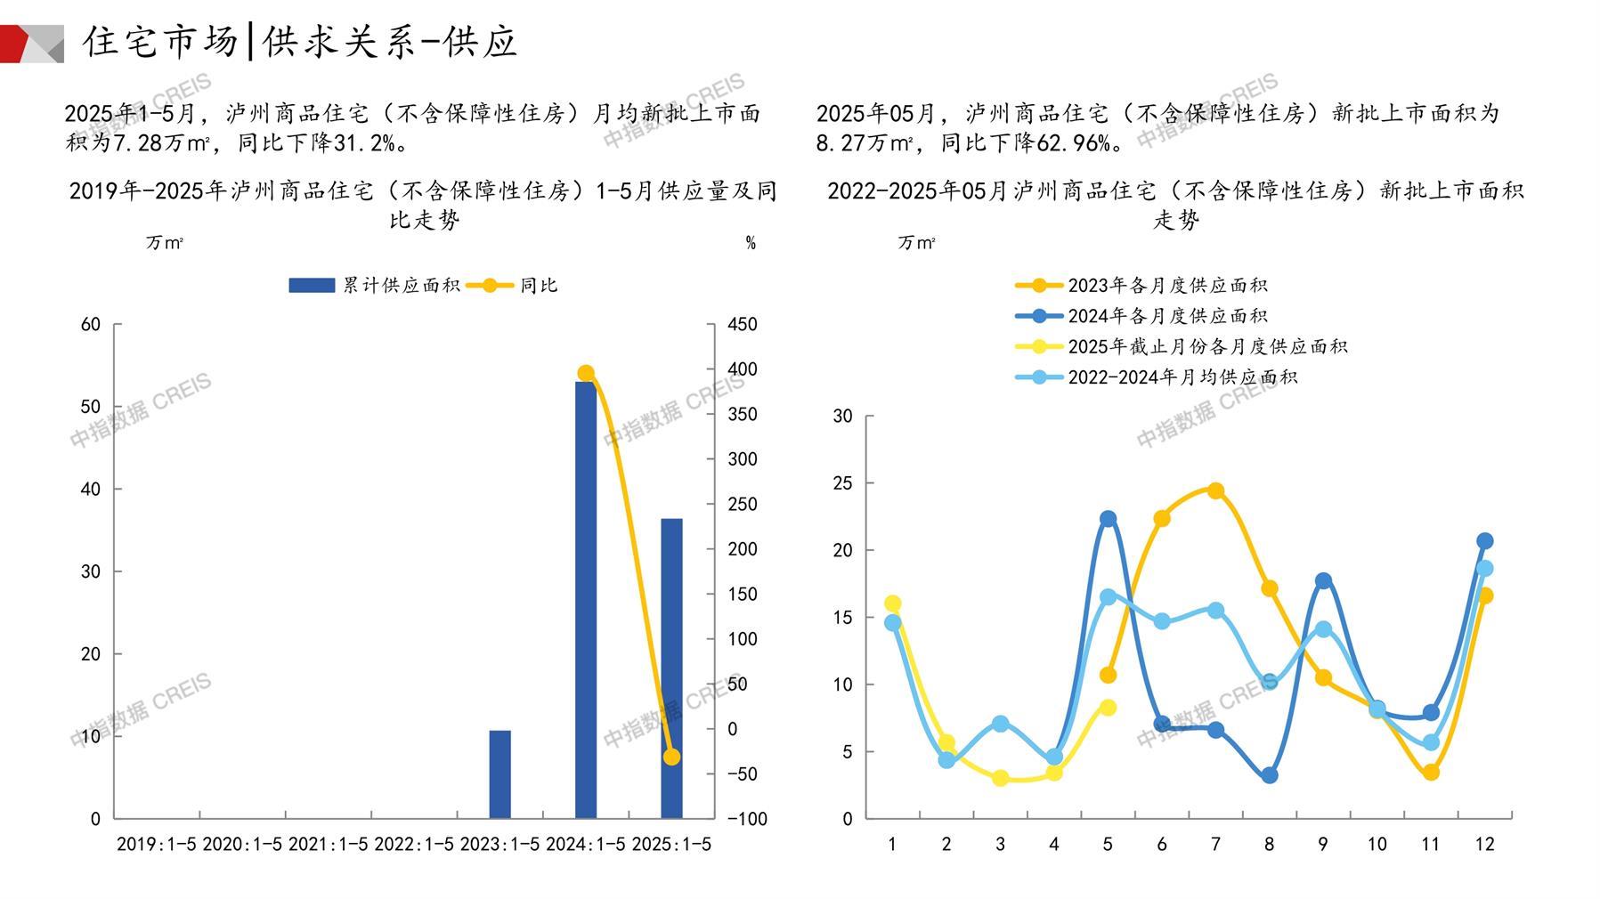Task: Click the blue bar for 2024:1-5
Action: (x=585, y=600)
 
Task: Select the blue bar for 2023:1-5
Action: (x=499, y=773)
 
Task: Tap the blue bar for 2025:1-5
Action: (x=671, y=668)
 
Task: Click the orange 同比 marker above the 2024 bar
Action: (x=585, y=374)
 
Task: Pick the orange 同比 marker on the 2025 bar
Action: (x=671, y=757)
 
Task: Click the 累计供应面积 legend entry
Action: (x=374, y=286)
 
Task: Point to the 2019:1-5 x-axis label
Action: (x=157, y=845)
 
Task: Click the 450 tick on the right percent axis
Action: (x=742, y=325)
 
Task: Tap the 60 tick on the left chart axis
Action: (x=91, y=325)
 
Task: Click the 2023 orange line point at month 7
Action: (x=1215, y=491)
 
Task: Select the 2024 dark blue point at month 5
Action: (x=1108, y=519)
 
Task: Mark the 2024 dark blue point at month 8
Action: (x=1270, y=775)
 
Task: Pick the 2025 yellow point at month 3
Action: (x=1000, y=778)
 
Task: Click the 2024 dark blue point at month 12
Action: (x=1484, y=541)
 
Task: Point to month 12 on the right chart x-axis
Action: (x=1484, y=845)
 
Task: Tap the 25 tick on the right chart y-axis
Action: (x=842, y=484)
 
